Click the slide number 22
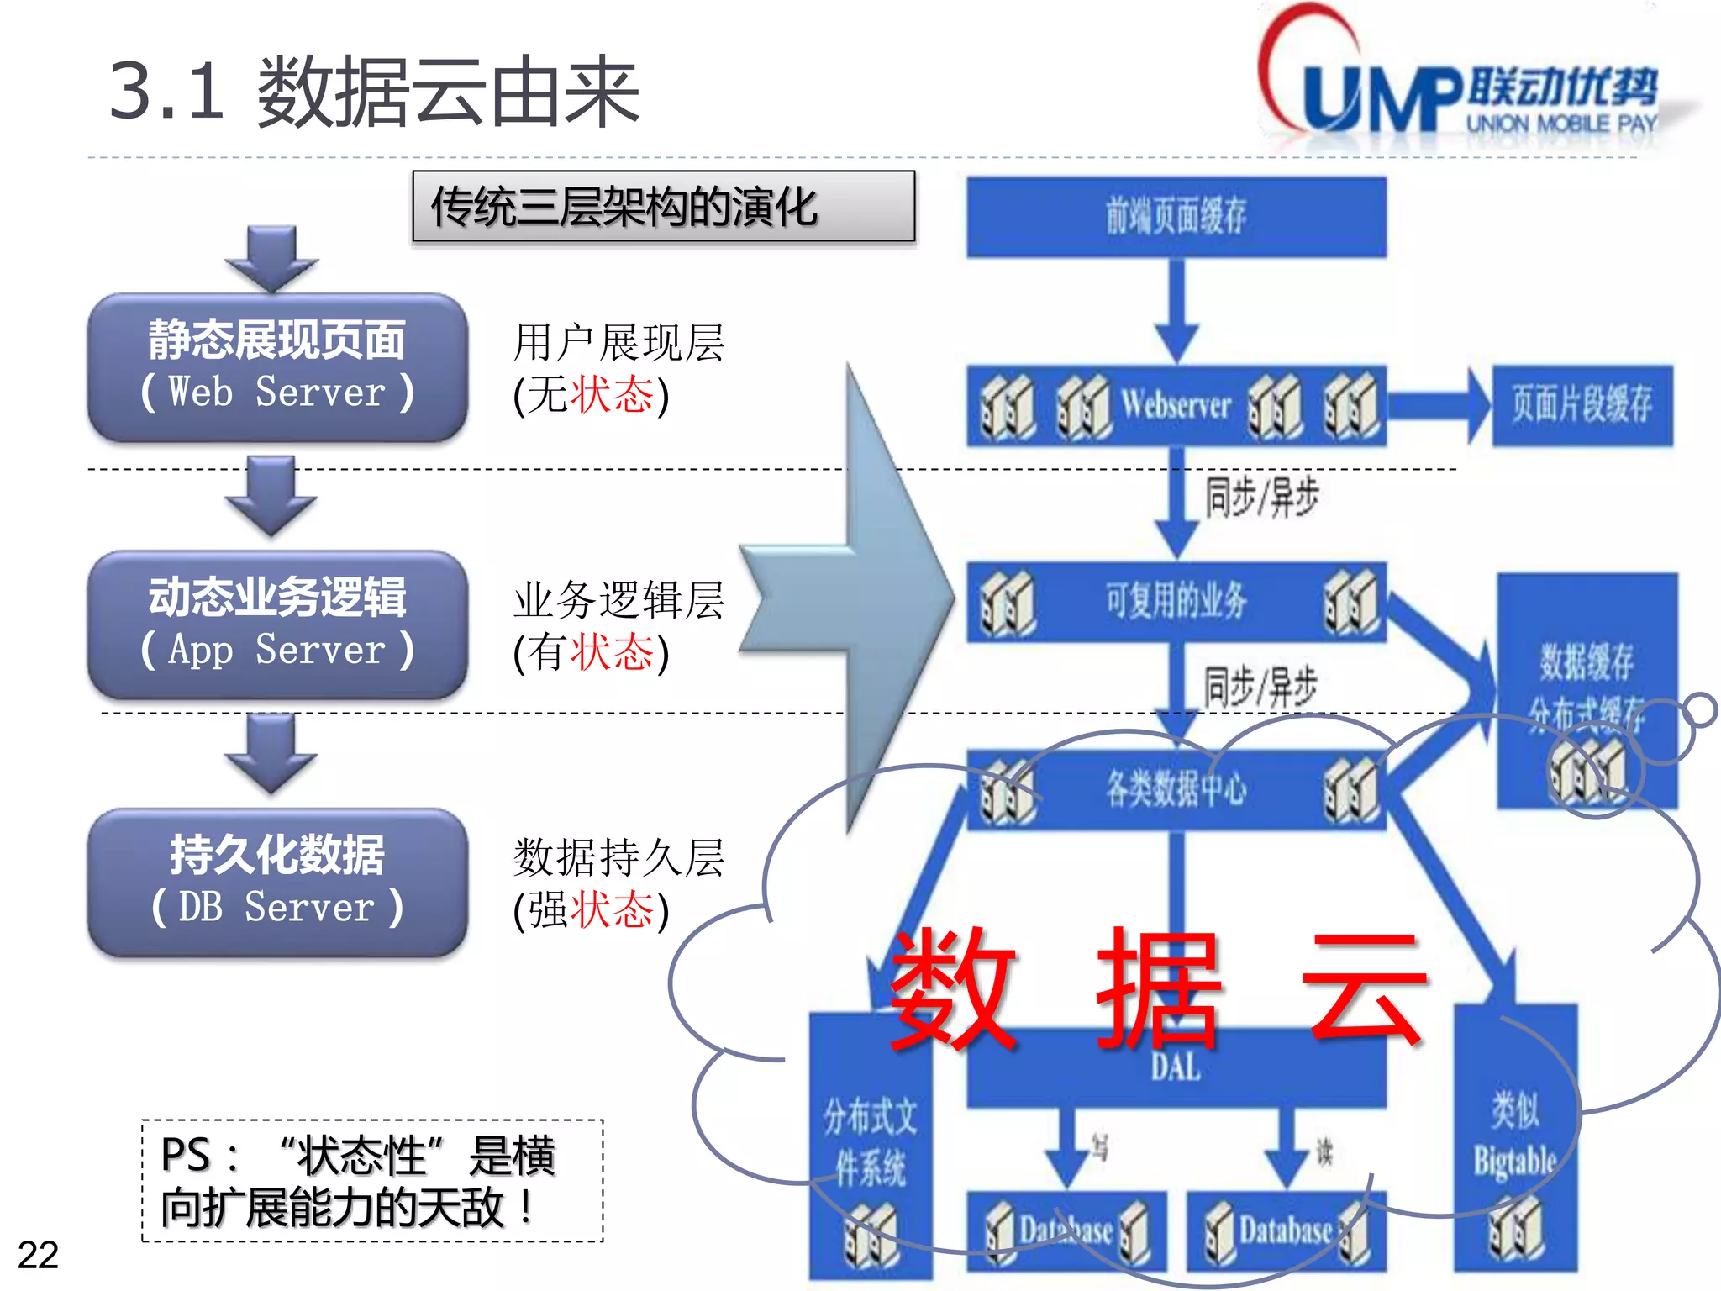pos(38,1255)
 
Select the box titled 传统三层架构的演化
pos(663,207)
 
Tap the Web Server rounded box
pos(277,366)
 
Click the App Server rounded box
pos(277,624)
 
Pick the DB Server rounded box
pos(277,882)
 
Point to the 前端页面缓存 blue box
pos(1176,216)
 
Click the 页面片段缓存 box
pos(1582,405)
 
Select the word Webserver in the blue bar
pos(1176,405)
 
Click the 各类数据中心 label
pos(1176,788)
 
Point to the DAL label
pos(1176,1067)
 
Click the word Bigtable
pos(1514,1162)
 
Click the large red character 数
pos(954,988)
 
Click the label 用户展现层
pos(618,343)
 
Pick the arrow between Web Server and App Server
pos(271,496)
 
